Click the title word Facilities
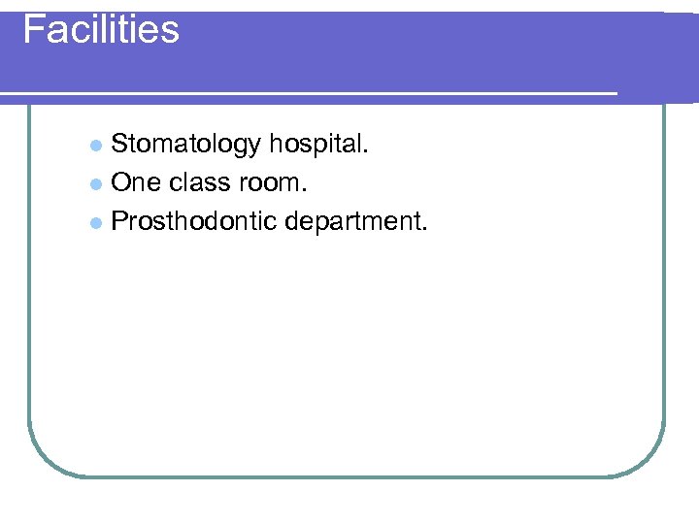tap(101, 29)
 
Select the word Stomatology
tap(186, 145)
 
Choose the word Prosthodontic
tap(194, 221)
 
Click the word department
tap(355, 221)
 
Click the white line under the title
tap(311, 93)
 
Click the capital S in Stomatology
tap(120, 145)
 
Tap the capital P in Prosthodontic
tap(120, 221)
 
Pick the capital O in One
tap(122, 182)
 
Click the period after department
tap(423, 229)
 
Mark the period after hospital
tap(366, 152)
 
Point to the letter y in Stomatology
tap(254, 147)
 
